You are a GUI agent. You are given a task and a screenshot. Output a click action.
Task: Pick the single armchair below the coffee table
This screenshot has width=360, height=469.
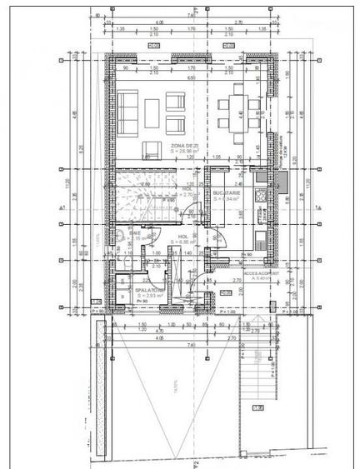(152, 149)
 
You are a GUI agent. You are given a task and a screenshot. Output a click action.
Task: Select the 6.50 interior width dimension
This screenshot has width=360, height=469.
(191, 76)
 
